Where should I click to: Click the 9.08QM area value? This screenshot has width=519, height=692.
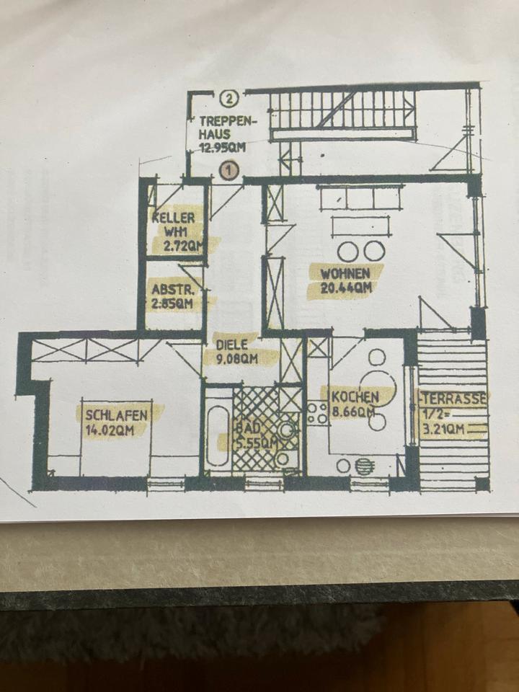click(237, 358)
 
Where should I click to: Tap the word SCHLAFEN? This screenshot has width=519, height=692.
click(117, 415)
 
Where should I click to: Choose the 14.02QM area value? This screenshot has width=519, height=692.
click(116, 430)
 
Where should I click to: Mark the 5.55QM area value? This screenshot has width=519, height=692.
click(254, 442)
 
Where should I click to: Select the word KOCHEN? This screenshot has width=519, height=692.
click(355, 397)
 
